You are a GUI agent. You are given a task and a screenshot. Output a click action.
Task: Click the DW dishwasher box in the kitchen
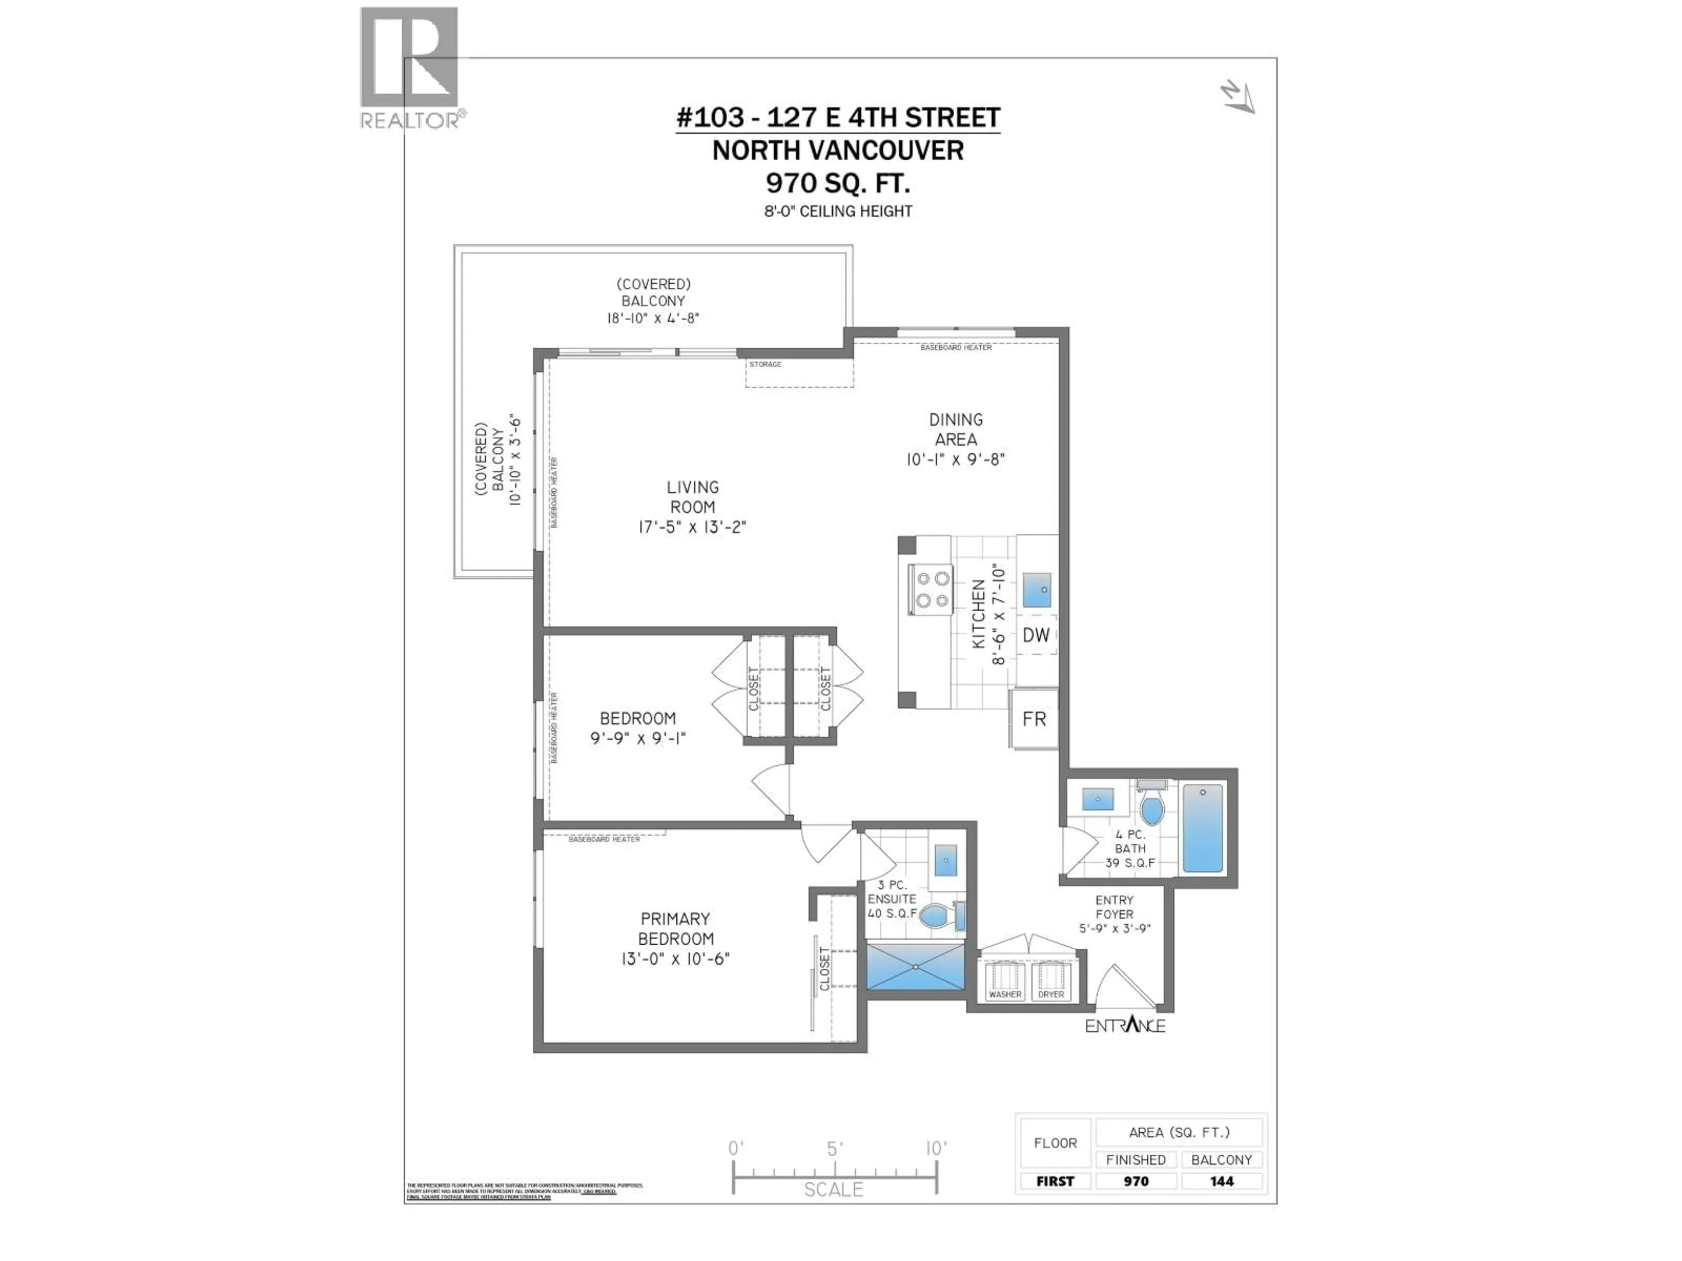pos(1035,635)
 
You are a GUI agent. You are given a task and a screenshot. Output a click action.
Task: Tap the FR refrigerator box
pos(1033,719)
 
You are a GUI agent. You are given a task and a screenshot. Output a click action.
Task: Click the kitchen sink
pos(1036,590)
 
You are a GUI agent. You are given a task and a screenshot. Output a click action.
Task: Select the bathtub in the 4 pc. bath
pos(1202,828)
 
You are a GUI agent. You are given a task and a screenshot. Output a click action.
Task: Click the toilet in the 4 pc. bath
pos(1152,807)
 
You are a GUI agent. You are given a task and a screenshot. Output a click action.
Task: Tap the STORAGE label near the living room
pos(765,365)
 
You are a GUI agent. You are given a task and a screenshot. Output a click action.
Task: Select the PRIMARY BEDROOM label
pos(675,928)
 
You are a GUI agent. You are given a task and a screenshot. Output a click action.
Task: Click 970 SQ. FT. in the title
pos(837,183)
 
